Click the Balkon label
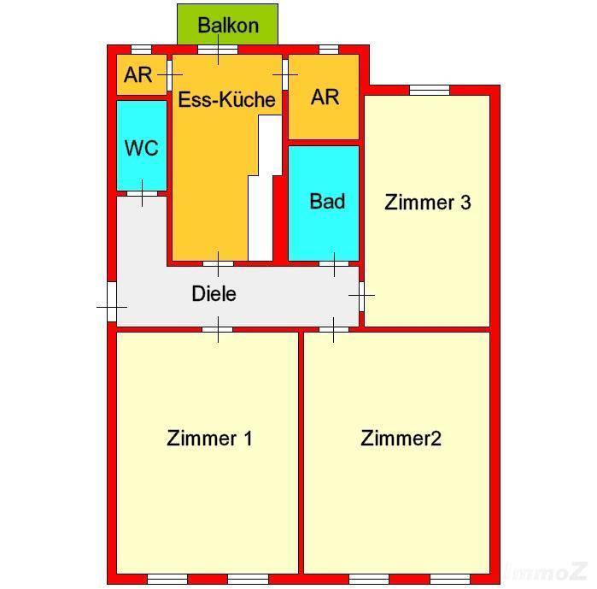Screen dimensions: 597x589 click(x=228, y=26)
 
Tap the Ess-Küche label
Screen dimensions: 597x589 click(x=227, y=99)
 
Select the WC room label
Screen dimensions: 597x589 click(x=141, y=148)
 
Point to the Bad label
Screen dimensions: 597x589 click(x=327, y=201)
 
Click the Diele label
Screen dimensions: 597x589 click(x=214, y=294)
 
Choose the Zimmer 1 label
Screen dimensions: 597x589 click(x=209, y=439)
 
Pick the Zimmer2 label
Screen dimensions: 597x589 click(x=401, y=439)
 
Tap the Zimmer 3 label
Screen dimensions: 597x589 click(x=428, y=202)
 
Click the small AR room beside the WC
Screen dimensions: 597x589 click(x=141, y=74)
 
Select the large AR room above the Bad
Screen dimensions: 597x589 click(x=324, y=97)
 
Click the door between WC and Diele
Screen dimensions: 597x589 click(x=142, y=193)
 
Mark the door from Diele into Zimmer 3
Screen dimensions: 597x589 click(x=362, y=297)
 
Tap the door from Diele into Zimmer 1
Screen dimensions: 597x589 click(x=218, y=329)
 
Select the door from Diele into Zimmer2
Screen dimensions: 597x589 click(x=334, y=329)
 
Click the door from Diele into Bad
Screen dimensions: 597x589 click(x=334, y=263)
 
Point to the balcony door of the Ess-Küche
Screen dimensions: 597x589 click(x=218, y=50)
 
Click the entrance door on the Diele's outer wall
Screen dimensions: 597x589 click(x=112, y=302)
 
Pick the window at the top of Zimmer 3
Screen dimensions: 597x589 click(x=430, y=90)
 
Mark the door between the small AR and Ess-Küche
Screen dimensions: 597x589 click(x=169, y=75)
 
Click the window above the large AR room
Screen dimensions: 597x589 click(x=329, y=50)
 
